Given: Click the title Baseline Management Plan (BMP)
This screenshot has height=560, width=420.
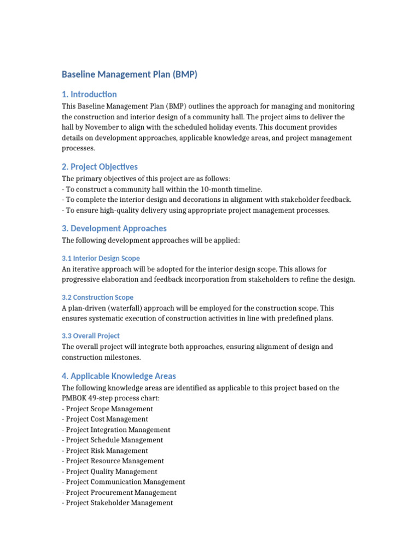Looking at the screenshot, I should pyautogui.click(x=129, y=74).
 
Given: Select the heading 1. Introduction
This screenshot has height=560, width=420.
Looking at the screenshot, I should pyautogui.click(x=89, y=94).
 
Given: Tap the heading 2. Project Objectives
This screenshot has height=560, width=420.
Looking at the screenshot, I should pyautogui.click(x=100, y=167).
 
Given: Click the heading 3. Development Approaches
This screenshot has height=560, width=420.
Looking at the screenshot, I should pyautogui.click(x=114, y=229).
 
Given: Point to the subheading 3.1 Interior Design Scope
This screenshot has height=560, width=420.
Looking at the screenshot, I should pyautogui.click(x=101, y=258).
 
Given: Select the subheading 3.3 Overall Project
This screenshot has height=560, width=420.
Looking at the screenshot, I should pyautogui.click(x=90, y=336).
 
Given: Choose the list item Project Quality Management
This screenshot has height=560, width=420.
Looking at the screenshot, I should pyautogui.click(x=109, y=471).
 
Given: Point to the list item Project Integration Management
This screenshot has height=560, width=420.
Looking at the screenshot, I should pyautogui.click(x=116, y=430).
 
